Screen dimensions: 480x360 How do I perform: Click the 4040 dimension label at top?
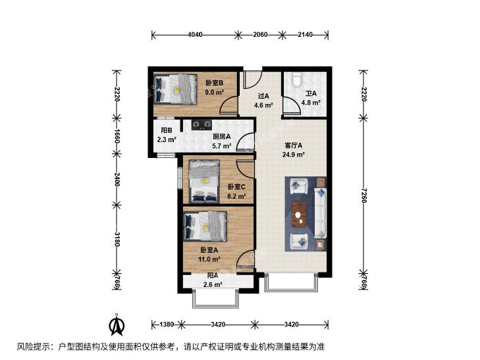(195, 35)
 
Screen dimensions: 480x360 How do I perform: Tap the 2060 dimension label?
(260, 35)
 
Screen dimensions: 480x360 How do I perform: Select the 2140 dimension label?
(306, 35)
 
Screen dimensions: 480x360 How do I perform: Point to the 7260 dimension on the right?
(363, 195)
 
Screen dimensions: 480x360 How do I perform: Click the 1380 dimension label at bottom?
(167, 324)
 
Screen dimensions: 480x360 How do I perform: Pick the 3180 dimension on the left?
(117, 239)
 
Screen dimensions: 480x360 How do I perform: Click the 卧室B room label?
(214, 83)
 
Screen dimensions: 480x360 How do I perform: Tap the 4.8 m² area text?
(311, 103)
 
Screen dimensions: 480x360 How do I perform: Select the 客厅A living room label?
(293, 145)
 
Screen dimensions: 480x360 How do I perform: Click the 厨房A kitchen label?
(222, 137)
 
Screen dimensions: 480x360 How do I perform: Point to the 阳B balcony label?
(167, 130)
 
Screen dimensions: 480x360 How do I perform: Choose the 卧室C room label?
(236, 187)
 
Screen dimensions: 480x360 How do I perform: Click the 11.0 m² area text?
(209, 259)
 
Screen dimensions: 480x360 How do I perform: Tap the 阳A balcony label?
(213, 276)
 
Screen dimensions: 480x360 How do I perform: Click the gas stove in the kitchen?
(201, 125)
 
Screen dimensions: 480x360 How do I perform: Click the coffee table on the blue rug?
(299, 214)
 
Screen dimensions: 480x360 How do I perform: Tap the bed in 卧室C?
(204, 182)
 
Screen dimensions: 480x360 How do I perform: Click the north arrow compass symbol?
(117, 325)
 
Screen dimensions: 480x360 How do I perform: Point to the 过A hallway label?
(263, 96)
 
